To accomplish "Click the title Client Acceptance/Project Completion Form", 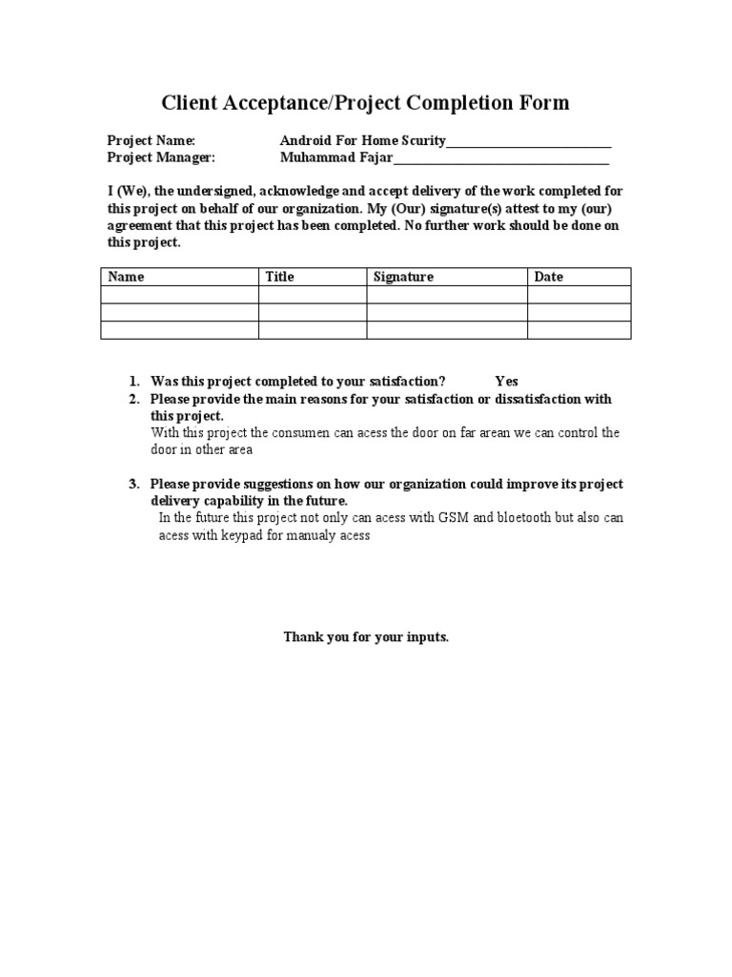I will [365, 103].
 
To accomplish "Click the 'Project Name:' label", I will [151, 141].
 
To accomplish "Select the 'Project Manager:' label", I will [161, 157].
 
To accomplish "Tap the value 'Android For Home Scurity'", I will [362, 141].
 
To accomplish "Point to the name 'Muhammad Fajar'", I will [335, 157].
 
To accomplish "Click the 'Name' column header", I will [126, 277].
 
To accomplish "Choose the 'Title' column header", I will [279, 277].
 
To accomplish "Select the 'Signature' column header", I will [403, 277].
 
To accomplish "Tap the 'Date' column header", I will [549, 277].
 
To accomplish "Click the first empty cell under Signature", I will [447, 295].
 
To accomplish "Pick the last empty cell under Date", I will [579, 329].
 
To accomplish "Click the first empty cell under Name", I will [179, 295].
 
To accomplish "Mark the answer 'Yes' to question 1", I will [506, 382].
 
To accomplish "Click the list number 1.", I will [134, 382].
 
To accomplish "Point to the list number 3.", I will [134, 485].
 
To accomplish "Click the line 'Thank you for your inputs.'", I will [365, 636].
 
